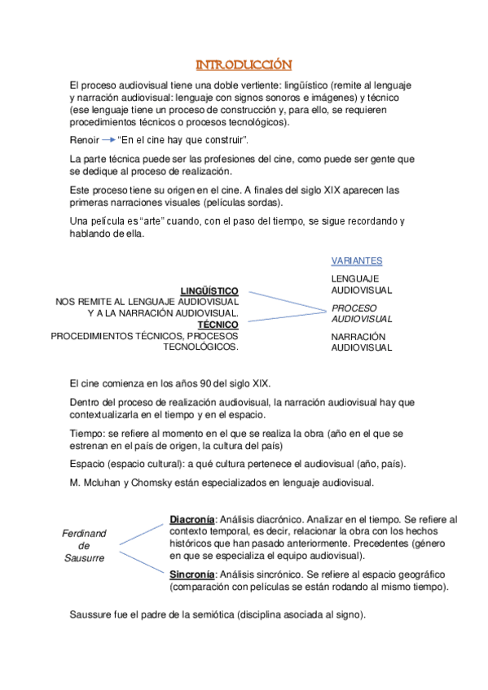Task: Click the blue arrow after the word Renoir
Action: click(x=105, y=140)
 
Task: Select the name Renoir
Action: click(x=84, y=140)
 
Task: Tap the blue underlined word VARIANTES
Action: click(x=357, y=260)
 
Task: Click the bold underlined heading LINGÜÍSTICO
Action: click(x=209, y=290)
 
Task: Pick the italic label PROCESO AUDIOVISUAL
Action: click(x=361, y=312)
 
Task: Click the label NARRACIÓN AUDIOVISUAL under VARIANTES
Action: click(x=361, y=342)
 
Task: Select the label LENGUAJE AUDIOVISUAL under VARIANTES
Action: click(x=361, y=283)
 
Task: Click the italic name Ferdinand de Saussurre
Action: click(x=85, y=545)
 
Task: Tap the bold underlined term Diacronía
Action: click(x=192, y=519)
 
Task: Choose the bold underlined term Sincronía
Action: click(x=191, y=573)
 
